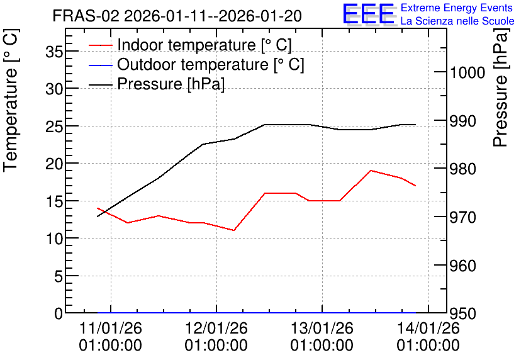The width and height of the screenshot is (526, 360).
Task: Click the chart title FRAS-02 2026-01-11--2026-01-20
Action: click(x=177, y=16)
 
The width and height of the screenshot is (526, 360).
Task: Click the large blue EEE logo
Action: click(x=368, y=14)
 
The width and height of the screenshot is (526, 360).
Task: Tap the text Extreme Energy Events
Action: click(x=457, y=8)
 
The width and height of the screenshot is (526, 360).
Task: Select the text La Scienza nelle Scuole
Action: click(x=457, y=21)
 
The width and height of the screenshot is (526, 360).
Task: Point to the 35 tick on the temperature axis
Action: click(x=54, y=52)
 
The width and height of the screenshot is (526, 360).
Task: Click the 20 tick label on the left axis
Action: click(x=54, y=164)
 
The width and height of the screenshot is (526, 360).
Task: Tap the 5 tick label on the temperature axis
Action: click(x=59, y=276)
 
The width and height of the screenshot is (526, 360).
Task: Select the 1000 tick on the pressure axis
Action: click(x=467, y=72)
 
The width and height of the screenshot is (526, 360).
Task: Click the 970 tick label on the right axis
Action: click(x=463, y=217)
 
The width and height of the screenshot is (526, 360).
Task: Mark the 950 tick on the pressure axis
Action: click(x=463, y=313)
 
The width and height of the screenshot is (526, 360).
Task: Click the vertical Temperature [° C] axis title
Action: click(x=11, y=101)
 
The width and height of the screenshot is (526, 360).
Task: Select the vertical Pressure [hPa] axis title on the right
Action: click(x=501, y=87)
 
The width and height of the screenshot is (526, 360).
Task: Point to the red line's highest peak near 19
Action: click(x=371, y=171)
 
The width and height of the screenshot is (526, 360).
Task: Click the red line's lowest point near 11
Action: click(x=234, y=230)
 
